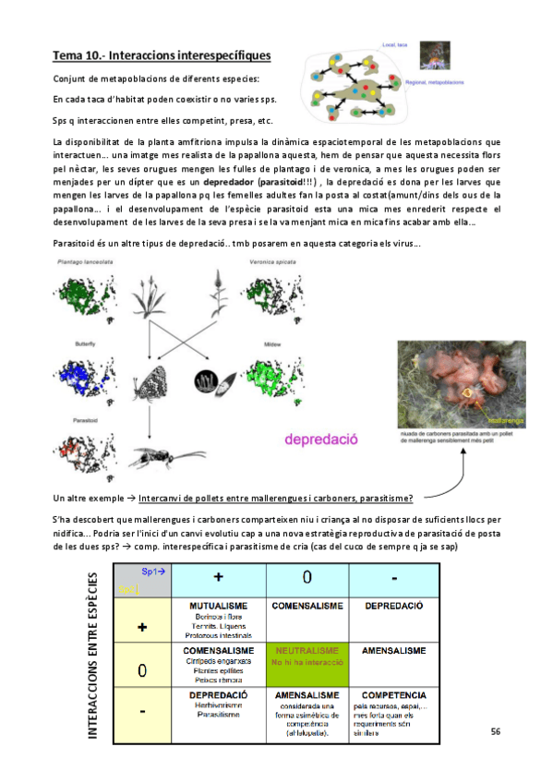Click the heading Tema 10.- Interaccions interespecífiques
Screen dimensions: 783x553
(x=162, y=57)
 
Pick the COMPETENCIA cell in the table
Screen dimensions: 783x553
(x=393, y=711)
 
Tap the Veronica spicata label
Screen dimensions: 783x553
(x=272, y=263)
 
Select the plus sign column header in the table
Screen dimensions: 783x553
(x=218, y=577)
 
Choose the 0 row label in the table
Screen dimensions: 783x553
(x=142, y=670)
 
